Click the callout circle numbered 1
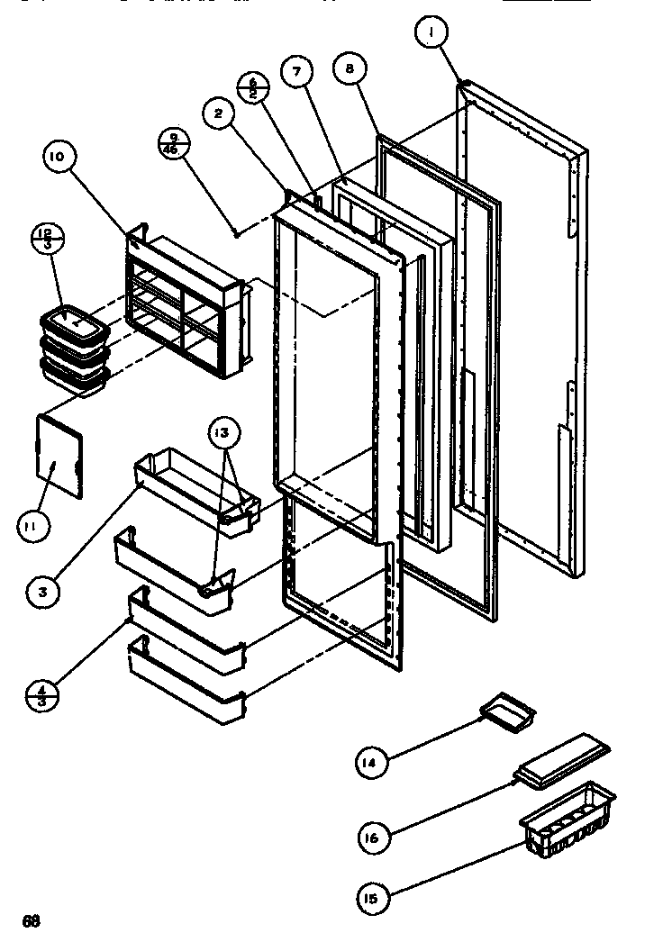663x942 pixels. click(x=432, y=33)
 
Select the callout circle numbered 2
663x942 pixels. click(x=219, y=114)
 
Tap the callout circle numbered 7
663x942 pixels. click(x=295, y=74)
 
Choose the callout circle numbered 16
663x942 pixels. click(x=371, y=838)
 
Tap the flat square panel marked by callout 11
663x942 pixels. click(x=59, y=455)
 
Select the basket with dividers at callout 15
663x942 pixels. click(x=567, y=818)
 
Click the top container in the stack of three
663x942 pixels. click(x=74, y=322)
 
